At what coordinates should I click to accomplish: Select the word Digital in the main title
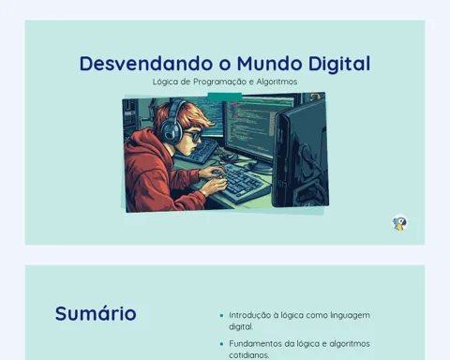(339, 65)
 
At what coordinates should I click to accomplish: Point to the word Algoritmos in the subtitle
(277, 82)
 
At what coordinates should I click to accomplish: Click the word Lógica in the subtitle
(165, 82)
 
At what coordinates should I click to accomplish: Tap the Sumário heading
(96, 313)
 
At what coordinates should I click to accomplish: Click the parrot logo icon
(399, 223)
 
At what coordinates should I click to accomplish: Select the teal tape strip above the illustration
(225, 97)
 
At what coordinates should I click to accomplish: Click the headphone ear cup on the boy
(170, 132)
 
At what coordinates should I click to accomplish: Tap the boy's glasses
(193, 136)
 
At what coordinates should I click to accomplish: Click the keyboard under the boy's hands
(240, 184)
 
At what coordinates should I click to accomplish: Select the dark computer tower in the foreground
(301, 154)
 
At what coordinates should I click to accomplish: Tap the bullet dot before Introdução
(221, 316)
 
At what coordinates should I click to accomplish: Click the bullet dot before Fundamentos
(221, 344)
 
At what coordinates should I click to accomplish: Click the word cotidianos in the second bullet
(249, 355)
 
